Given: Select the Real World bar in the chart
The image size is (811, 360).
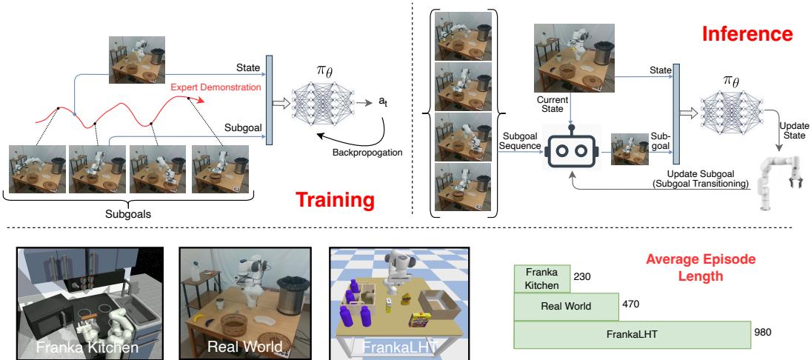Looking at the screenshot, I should click(566, 305).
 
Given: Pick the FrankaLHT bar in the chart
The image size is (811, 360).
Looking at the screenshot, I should click(631, 333).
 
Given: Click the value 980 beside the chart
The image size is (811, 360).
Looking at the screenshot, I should click(763, 333).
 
